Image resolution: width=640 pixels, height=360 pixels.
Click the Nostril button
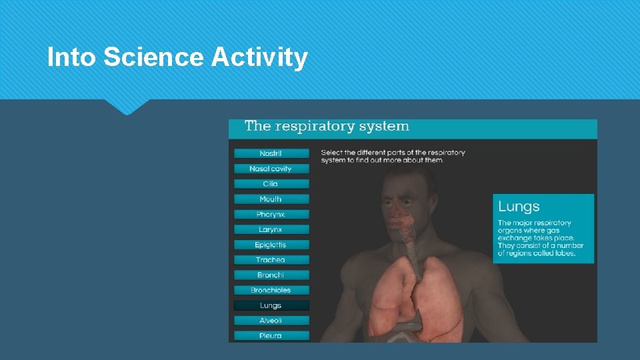point(271,153)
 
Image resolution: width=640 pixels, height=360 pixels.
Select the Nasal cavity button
point(271,169)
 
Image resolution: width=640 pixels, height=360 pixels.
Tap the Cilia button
point(271,184)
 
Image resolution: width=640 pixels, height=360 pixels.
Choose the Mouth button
point(271,199)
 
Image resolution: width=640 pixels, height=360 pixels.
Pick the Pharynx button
point(271,215)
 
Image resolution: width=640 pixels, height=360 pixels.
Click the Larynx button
point(271,230)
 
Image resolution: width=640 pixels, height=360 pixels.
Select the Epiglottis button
point(271,245)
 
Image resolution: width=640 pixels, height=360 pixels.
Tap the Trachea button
point(271,260)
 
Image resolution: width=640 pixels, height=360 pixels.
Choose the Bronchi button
point(271,275)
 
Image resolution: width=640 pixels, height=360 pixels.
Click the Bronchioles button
point(271,290)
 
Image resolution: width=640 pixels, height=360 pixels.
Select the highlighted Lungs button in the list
point(271,305)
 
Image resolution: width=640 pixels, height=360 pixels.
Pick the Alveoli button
point(271,321)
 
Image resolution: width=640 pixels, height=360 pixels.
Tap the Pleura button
point(271,335)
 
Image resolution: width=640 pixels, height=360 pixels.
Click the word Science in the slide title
point(153,58)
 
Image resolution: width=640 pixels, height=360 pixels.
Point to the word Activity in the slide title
point(259,58)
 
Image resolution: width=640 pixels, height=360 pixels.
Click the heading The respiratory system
point(327,126)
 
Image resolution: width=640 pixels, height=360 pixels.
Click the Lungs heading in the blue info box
point(519,207)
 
